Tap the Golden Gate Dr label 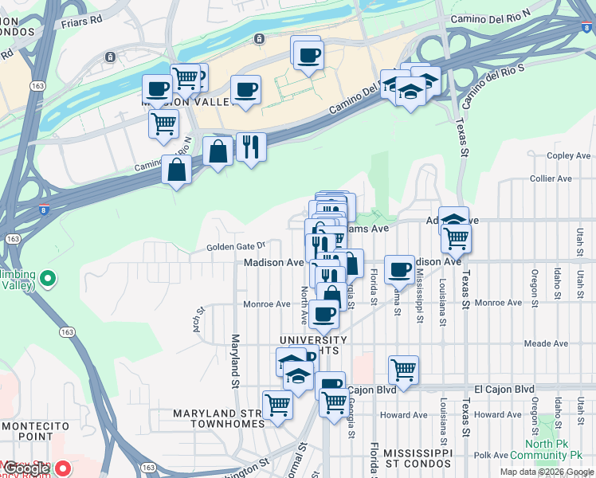235,247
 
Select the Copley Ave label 567,156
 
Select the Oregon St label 534,284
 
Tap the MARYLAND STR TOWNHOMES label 218,419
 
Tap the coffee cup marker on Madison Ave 399,268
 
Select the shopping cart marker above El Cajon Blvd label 404,370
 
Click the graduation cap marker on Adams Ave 453,220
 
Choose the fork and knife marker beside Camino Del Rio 251,146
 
